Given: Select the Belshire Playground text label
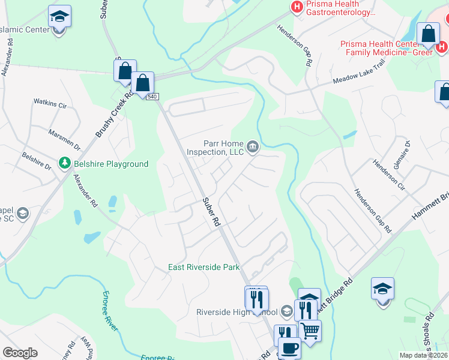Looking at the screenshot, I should (x=110, y=164).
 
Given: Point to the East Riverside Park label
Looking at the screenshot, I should (x=203, y=267).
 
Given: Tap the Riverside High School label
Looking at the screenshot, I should (x=237, y=312).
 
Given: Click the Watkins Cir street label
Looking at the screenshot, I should (x=50, y=104).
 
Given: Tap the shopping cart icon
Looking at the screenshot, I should (x=310, y=329).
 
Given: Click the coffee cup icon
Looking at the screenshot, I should (x=289, y=347).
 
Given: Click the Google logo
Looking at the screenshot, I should (x=20, y=352).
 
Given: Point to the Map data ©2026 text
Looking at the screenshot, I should (x=423, y=355).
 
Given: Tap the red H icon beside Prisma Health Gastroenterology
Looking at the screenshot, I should (x=296, y=7).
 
